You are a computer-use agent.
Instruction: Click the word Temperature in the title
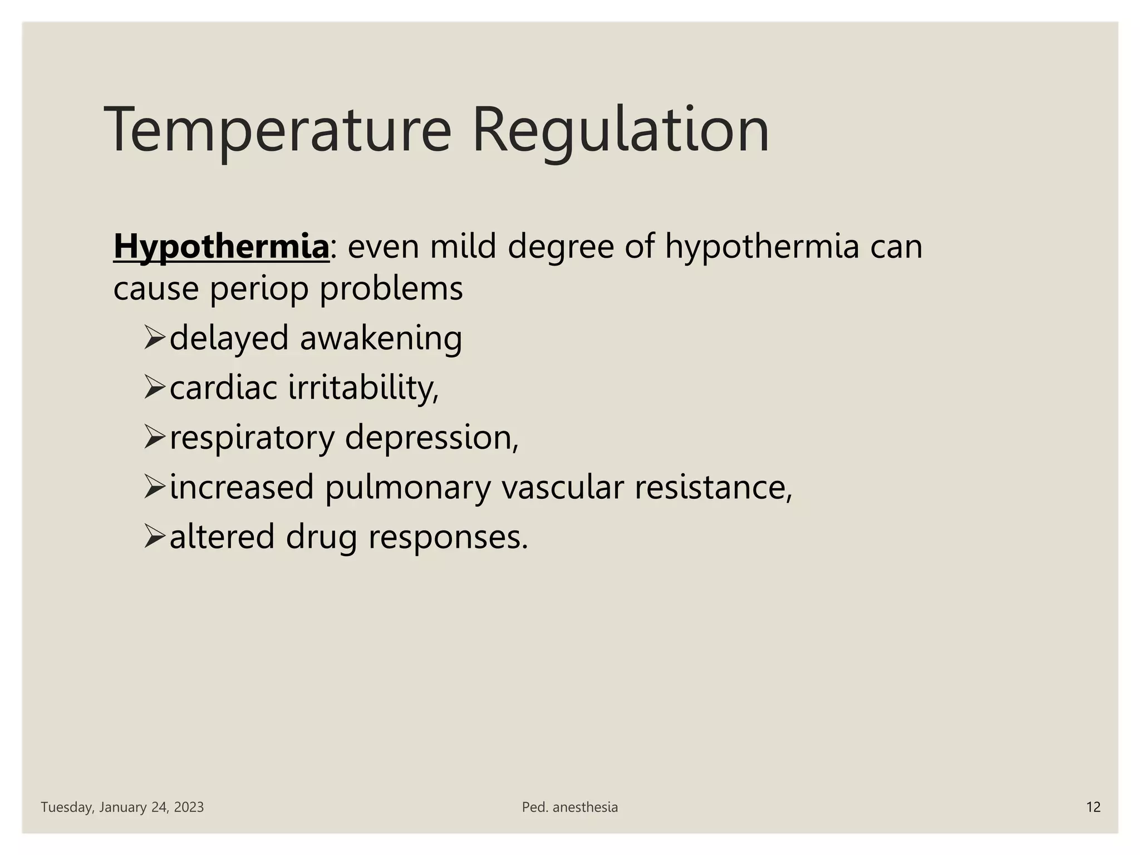click(277, 131)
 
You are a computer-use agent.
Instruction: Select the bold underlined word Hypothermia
click(221, 246)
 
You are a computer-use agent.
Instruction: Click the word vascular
click(562, 487)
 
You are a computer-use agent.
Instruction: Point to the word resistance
click(712, 487)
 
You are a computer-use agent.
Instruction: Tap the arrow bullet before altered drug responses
click(155, 536)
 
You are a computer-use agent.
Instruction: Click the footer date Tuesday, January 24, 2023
click(122, 807)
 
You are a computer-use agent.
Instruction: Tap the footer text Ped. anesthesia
click(570, 807)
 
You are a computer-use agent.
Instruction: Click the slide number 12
click(1093, 807)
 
